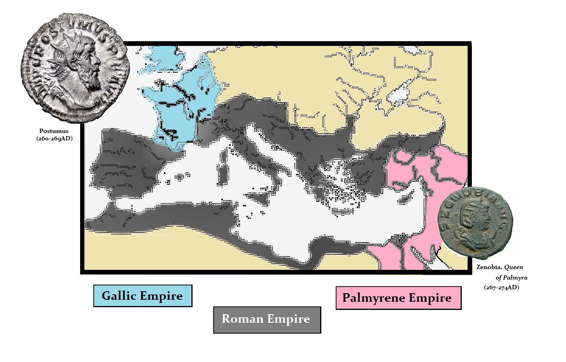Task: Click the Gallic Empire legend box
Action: [x=142, y=296]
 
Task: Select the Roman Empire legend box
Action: [x=267, y=320]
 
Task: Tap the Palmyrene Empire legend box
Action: [x=398, y=298]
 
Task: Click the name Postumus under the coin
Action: [x=54, y=131]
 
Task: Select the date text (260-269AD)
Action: [x=54, y=138]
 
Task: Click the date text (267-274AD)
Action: [x=501, y=288]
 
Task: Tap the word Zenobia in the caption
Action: [x=489, y=267]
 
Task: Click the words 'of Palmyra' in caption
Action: [x=511, y=278]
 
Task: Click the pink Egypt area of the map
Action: [x=385, y=257]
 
